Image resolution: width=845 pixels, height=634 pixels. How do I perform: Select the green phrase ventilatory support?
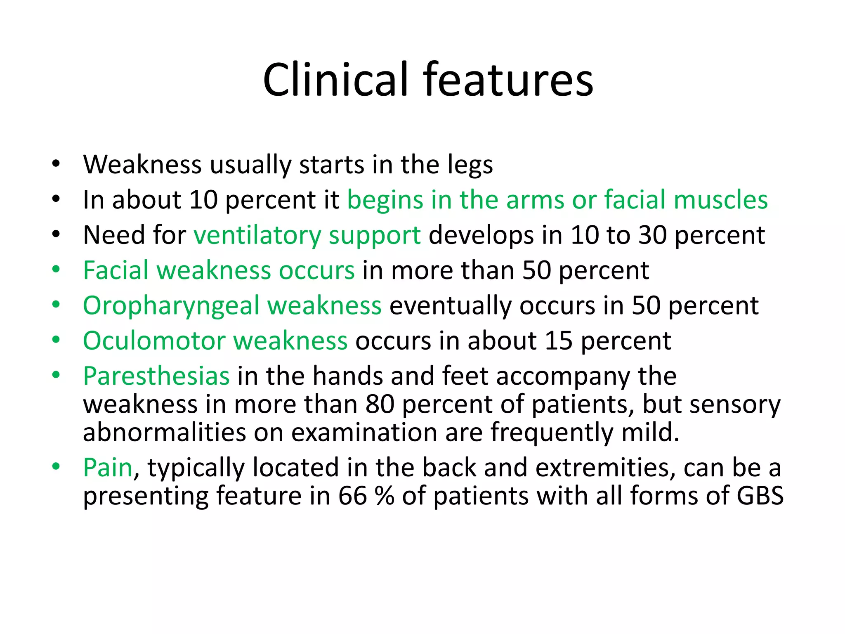pos(307,235)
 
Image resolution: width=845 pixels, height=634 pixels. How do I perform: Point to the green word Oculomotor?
pos(154,341)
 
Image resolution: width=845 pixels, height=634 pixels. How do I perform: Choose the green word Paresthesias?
pos(156,376)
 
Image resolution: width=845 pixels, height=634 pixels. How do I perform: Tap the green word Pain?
pos(108,468)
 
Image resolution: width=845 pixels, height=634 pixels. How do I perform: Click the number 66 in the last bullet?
pos(352,496)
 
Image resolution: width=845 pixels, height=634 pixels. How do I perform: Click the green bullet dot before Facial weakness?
pos(56,270)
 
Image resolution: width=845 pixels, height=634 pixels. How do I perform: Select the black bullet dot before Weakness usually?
pos(56,164)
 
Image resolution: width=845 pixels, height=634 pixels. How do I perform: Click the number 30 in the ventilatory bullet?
pos(653,235)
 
